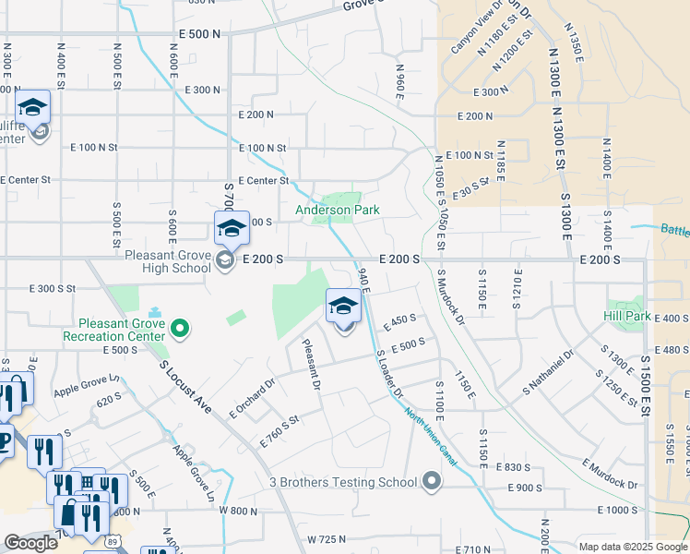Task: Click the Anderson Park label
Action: [x=337, y=211]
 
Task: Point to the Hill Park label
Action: [x=628, y=316]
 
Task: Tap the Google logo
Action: [x=30, y=543]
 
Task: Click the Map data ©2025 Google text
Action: [x=632, y=547]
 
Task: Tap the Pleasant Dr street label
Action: [x=313, y=362]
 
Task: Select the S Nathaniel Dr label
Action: [x=552, y=368]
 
